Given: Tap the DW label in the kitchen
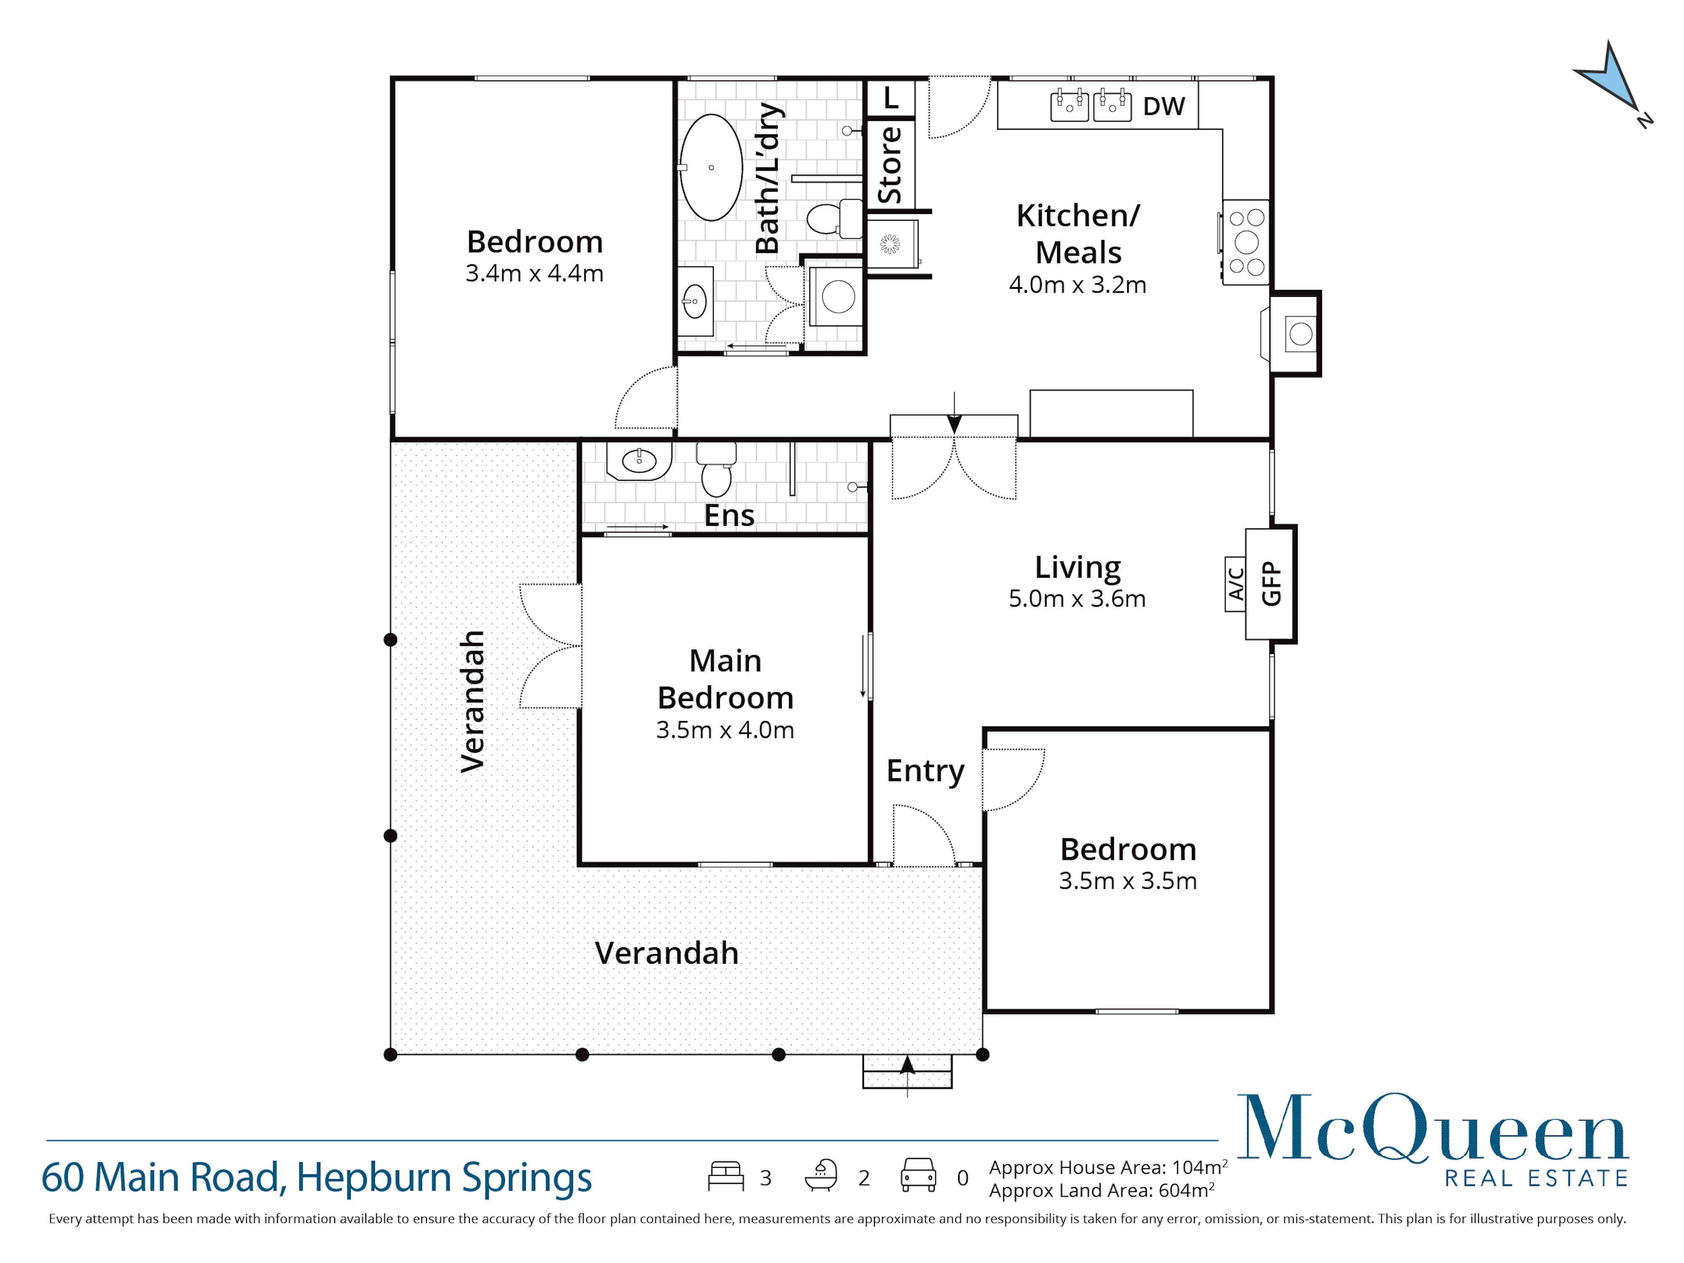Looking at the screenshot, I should click(1163, 107).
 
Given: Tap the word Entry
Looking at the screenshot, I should click(925, 771).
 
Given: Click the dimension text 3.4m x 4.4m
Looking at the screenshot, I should click(534, 273).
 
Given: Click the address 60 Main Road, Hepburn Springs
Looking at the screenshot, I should click(316, 1177).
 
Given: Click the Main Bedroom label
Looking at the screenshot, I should click(725, 679).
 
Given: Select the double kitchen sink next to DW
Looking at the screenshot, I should click(1090, 106).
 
